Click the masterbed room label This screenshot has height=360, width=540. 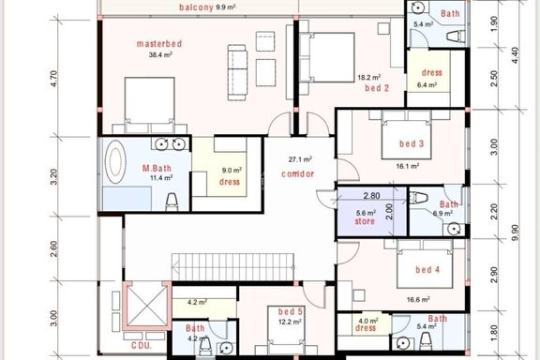[x=159, y=44]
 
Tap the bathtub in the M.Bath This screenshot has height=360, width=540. [x=115, y=161]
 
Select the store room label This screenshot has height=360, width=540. [x=365, y=221]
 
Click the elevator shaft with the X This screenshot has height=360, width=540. [x=147, y=305]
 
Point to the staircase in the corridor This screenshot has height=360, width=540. [x=233, y=267]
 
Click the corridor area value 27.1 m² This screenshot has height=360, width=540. [x=300, y=159]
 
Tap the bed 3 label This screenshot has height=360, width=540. [x=412, y=143]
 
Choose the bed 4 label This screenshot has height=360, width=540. [x=427, y=269]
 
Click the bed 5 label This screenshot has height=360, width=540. [x=291, y=312]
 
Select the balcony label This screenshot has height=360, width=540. [x=196, y=7]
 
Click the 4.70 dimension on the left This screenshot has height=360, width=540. [x=55, y=79]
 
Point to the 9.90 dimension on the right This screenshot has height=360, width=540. [x=515, y=232]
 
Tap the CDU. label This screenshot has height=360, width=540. [x=142, y=345]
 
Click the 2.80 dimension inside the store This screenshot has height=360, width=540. [x=371, y=196]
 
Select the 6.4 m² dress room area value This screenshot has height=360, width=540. [x=427, y=84]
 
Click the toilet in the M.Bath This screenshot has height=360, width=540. [x=172, y=202]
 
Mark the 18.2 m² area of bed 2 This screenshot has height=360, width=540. [x=368, y=78]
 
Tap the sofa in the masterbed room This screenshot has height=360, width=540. [x=237, y=72]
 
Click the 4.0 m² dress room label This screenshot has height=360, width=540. [x=366, y=327]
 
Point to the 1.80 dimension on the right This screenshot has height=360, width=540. [x=493, y=333]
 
